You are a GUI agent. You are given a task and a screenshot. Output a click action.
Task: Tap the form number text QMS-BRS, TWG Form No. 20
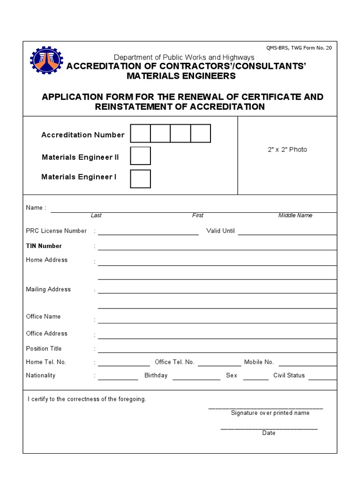[x=299, y=48]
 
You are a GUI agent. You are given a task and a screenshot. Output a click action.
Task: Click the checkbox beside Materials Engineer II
[x=140, y=156]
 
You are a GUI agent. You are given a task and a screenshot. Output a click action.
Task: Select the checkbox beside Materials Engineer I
[x=140, y=179]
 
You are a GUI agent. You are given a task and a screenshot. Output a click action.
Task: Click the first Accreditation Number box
[x=140, y=134]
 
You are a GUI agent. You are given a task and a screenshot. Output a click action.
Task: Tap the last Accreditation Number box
[x=201, y=134]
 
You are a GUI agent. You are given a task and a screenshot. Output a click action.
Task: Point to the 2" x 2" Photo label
[x=287, y=150]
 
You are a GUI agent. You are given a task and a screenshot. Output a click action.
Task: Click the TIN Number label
[x=44, y=246]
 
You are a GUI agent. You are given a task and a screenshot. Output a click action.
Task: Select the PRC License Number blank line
[x=148, y=232]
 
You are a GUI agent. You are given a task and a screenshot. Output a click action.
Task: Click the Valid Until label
[x=220, y=231]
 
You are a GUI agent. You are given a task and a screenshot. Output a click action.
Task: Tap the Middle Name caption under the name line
[x=295, y=216]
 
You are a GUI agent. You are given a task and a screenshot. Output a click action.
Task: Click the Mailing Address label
[x=48, y=289]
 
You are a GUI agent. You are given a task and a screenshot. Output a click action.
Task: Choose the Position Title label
[x=44, y=349]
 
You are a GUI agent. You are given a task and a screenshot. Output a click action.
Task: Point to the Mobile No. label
[x=259, y=362]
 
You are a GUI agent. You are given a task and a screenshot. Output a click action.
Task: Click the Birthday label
[x=156, y=375]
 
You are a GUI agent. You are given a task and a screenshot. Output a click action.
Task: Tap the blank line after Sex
[x=256, y=377]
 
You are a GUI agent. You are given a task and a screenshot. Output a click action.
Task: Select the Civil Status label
[x=289, y=375]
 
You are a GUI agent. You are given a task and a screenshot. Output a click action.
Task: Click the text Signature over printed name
[x=270, y=413]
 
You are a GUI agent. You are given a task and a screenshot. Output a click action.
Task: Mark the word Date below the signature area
[x=269, y=433]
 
